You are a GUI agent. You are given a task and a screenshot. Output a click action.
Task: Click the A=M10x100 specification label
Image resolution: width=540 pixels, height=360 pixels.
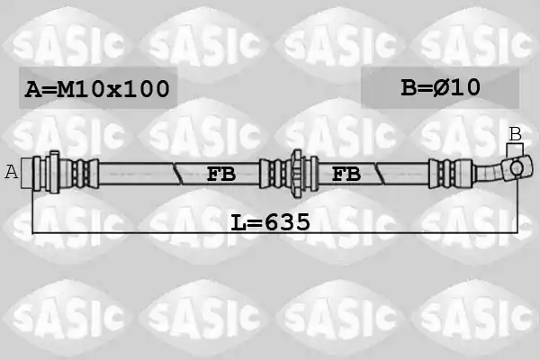coord(97,88)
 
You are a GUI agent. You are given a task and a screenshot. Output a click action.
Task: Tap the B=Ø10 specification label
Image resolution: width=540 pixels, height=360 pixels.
coord(440,87)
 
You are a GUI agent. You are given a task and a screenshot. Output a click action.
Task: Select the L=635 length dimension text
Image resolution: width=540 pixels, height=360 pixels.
coord(270,222)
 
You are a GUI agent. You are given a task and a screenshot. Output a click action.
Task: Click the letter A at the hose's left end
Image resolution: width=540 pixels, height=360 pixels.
coord(11,172)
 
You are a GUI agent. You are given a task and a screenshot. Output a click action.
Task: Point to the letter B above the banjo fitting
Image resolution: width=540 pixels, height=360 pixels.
coord(515,134)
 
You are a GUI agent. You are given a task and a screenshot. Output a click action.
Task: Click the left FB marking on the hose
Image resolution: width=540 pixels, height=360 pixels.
coord(221,174)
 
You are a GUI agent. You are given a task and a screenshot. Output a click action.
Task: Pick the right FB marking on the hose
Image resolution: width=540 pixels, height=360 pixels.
coord(346,174)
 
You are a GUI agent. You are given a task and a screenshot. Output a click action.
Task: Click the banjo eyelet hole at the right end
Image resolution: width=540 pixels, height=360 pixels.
coord(517,168)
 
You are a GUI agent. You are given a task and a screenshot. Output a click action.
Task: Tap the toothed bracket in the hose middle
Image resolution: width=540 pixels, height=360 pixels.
coord(297,174)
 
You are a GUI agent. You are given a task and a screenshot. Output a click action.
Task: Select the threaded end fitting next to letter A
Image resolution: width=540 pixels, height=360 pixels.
coord(27,174)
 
